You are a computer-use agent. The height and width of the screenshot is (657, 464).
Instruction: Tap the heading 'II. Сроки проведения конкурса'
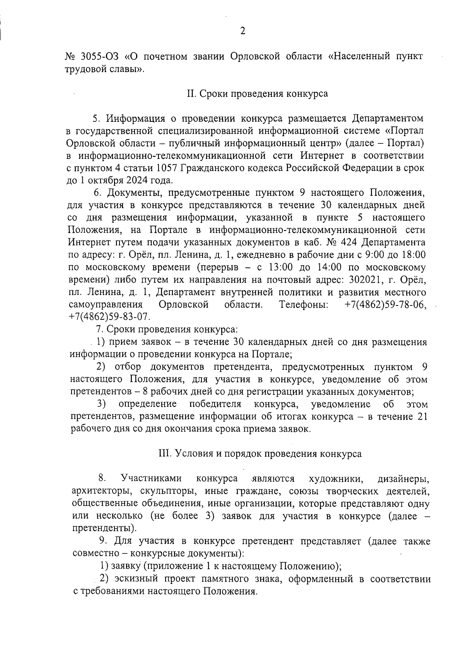click(258, 94)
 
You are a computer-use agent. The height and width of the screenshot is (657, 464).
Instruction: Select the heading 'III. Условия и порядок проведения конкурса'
click(260, 454)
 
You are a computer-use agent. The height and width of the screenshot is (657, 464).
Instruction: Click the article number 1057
click(169, 168)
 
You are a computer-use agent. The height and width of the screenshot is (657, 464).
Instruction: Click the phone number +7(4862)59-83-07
click(109, 317)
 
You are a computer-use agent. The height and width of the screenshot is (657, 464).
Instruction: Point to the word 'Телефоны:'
click(304, 305)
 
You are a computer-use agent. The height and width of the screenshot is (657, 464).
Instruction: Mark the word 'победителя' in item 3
click(215, 404)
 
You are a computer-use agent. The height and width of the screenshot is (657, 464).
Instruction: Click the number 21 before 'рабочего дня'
click(421, 417)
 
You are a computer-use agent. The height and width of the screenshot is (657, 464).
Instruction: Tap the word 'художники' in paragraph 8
click(336, 479)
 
